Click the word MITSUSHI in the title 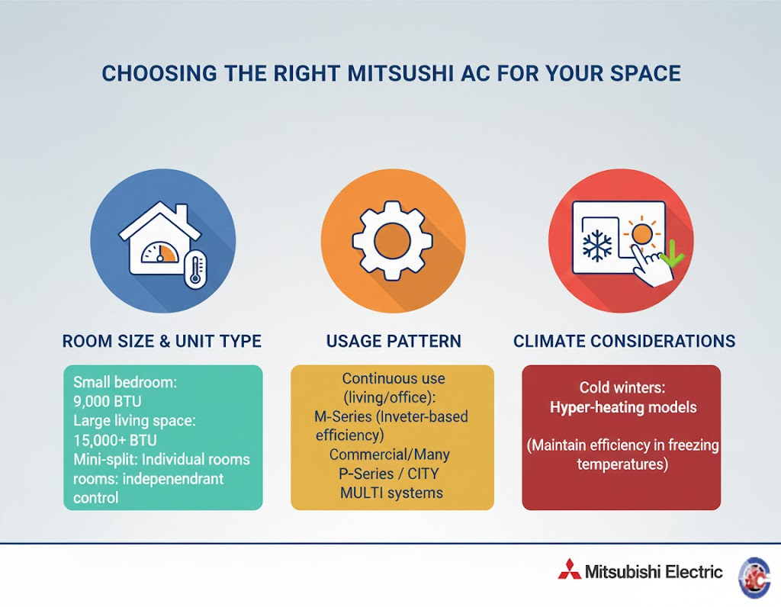[x=400, y=74]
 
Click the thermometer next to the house [x=195, y=269]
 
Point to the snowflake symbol [x=597, y=246]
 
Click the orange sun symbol [x=641, y=233]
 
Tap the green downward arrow [x=671, y=253]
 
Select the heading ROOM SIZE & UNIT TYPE [x=162, y=341]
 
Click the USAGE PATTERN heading [x=394, y=341]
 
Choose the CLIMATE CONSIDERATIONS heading [x=624, y=341]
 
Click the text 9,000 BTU [x=107, y=401]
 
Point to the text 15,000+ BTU [x=115, y=440]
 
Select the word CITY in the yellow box [x=423, y=474]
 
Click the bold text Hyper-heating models [x=623, y=407]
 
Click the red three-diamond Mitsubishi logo [x=569, y=569]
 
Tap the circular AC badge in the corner [x=755, y=577]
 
